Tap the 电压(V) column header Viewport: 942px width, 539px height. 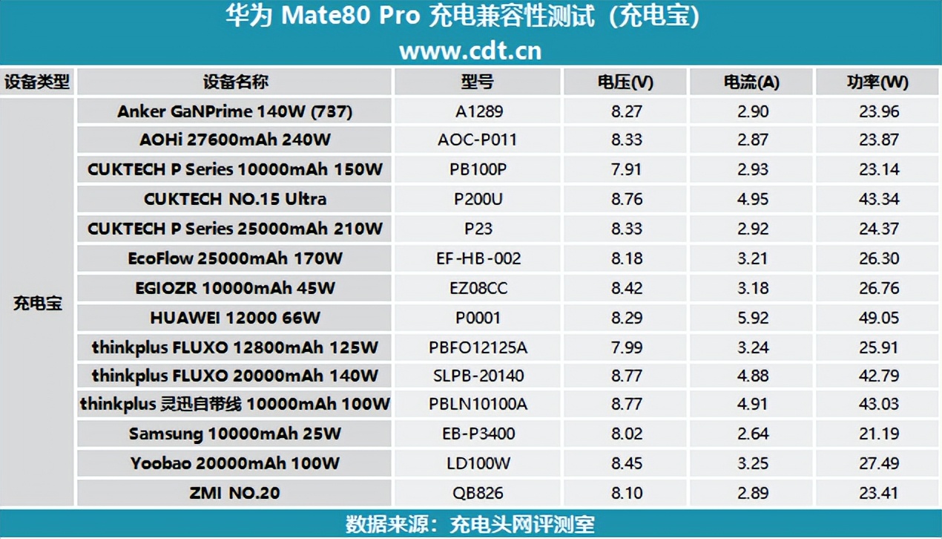coord(625,82)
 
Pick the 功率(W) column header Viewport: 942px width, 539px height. coord(878,82)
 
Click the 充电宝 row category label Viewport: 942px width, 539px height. coord(38,303)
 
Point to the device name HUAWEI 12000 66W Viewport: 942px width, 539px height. coord(235,318)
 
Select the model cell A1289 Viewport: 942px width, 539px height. coord(478,111)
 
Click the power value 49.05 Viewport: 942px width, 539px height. coord(879,318)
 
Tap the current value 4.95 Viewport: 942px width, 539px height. coord(751,199)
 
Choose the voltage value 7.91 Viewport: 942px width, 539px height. coord(626,169)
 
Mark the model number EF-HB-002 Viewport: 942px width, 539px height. coord(478,258)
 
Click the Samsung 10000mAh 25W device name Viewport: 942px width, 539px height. coord(235,434)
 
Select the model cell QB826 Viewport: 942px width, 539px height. coord(478,492)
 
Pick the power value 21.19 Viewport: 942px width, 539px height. coord(879,434)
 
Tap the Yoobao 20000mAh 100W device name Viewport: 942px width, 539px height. coord(235,463)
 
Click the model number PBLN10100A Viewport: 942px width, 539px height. coord(478,404)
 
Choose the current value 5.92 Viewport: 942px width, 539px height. coord(751,318)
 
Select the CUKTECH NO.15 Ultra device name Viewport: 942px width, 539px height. coord(235,199)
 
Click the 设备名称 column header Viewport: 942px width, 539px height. coord(235,82)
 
